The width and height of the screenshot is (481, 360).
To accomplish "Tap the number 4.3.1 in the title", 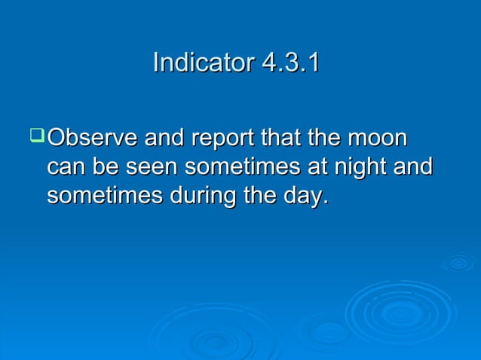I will pos(290,63).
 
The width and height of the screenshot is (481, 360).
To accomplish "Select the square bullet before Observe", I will pos(36,137).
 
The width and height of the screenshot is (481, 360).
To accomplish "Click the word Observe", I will pos(91,139).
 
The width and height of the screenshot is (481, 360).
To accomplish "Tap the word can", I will pos(64,167).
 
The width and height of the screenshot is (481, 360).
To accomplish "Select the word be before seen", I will pos(100,167).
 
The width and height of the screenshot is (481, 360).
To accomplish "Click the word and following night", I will pos(413,167).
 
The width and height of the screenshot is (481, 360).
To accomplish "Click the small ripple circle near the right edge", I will pos(458,263).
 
